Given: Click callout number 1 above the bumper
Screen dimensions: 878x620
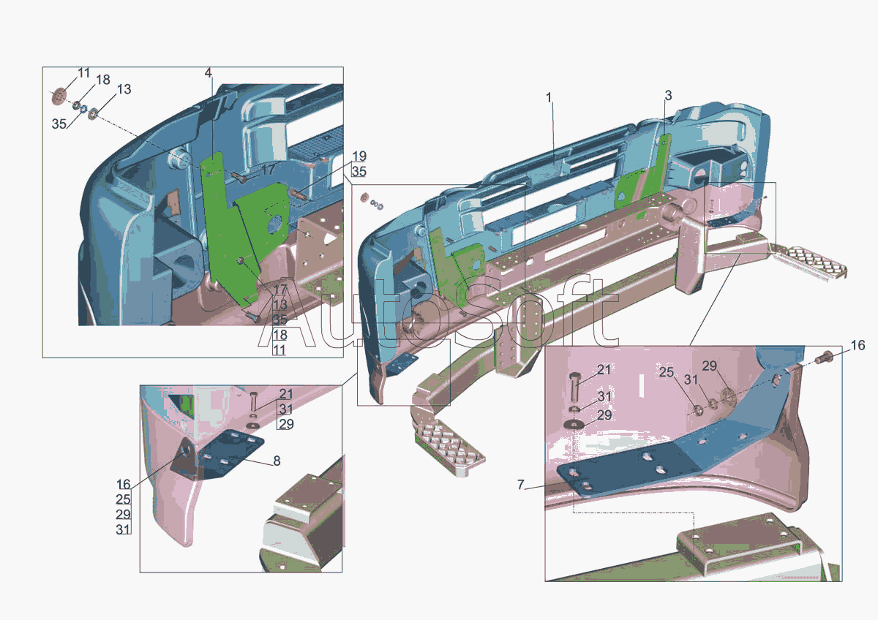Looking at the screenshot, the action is point(549,97).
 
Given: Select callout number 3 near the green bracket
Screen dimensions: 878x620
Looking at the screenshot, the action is point(668,95).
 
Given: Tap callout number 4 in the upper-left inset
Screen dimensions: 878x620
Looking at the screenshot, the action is point(208,73).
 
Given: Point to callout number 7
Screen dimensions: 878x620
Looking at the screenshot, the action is point(520,485).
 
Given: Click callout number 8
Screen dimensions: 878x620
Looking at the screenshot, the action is point(277,461).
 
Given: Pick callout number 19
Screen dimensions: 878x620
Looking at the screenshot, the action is point(359,156).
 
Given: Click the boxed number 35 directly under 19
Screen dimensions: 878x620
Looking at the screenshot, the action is point(359,172).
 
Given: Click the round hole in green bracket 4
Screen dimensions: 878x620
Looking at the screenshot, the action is point(276,223).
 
